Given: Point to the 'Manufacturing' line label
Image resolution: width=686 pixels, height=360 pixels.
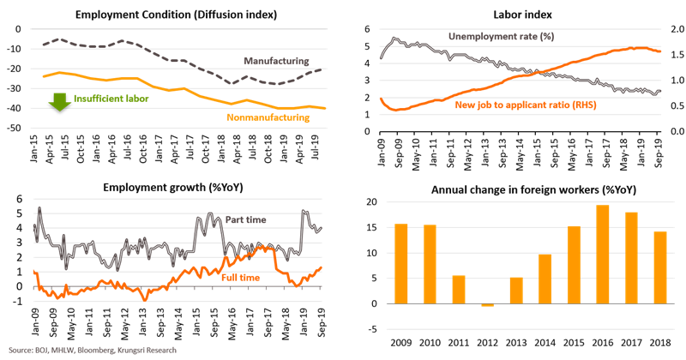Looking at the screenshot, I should (274, 61).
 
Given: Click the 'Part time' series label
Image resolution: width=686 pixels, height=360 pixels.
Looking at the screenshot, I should (245, 219).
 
